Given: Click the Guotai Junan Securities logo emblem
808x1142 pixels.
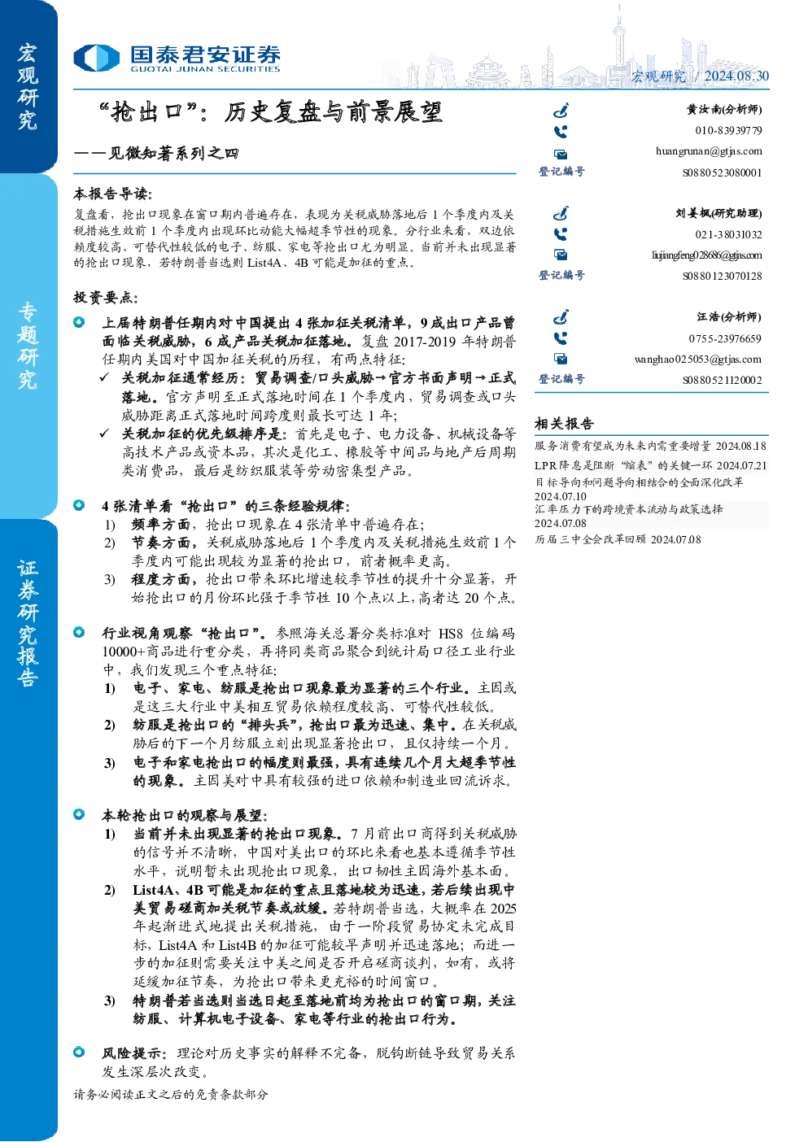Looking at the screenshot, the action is point(96,58).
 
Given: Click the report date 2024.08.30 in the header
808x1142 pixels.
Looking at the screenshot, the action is point(736,76).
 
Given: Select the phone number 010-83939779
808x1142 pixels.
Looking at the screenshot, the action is point(728,130).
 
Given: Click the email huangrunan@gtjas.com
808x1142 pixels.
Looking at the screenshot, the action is point(709,151).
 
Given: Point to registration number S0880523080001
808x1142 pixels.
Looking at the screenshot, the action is point(723,172).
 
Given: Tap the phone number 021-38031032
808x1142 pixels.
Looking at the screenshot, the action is point(728,234).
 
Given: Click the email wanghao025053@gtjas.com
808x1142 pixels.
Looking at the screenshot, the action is point(698,360).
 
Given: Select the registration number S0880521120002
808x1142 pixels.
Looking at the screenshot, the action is point(723,380).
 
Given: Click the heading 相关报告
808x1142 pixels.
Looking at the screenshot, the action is point(564,423).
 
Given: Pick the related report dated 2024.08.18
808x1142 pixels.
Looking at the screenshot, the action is point(650,446).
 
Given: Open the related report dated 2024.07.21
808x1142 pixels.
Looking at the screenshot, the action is point(650,465).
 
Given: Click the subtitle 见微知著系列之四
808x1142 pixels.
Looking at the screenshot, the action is point(173,153).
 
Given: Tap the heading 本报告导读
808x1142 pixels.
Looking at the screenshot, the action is point(113,194).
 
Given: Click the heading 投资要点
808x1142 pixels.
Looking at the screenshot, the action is point(106,297).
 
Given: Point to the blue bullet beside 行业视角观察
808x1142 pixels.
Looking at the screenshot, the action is point(79,632).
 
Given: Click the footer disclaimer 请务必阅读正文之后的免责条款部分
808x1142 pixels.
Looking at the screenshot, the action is point(170,1094).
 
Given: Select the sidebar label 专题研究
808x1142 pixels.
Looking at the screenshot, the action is point(28,346).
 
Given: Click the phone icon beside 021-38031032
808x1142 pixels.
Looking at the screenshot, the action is point(561,234).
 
